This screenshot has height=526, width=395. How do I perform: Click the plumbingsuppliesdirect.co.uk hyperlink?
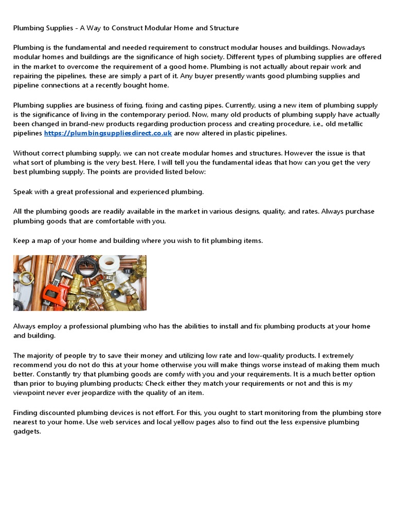[108, 133]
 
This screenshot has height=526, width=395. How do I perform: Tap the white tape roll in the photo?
[109, 265]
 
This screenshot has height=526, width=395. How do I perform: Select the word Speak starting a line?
[24, 192]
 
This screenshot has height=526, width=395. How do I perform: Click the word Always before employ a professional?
[25, 326]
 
